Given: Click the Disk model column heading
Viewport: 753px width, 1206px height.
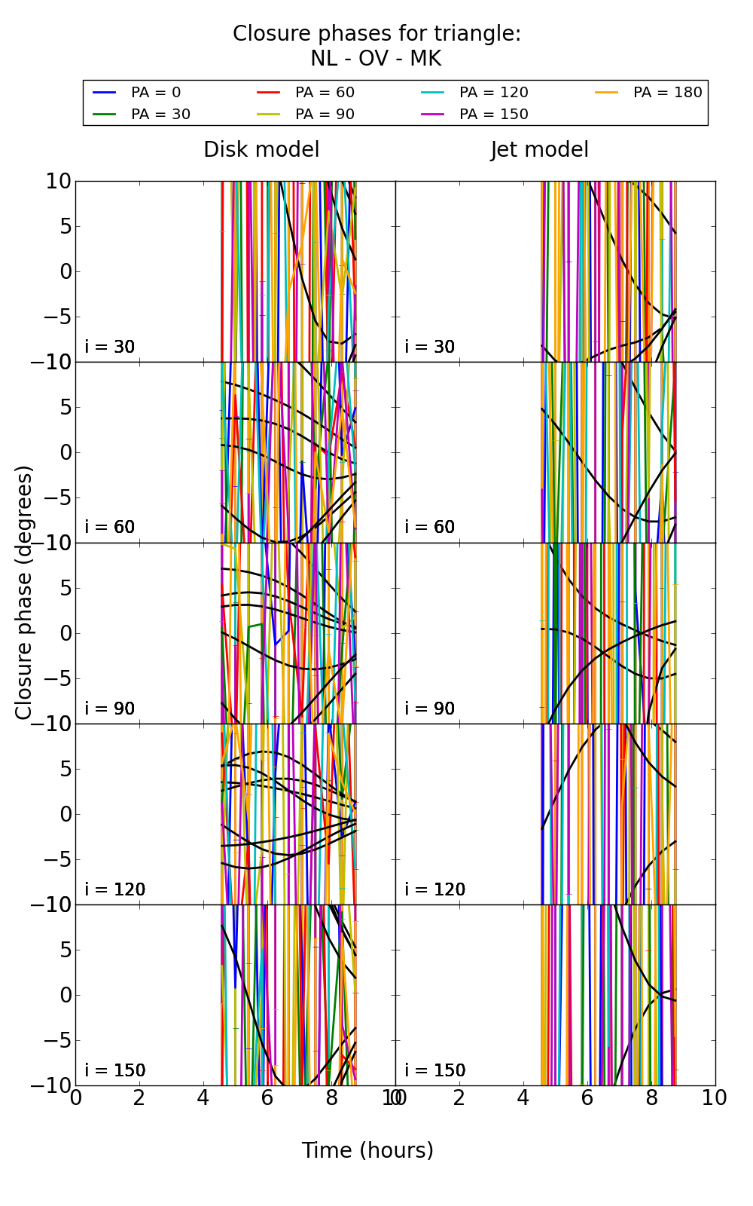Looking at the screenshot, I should (261, 150).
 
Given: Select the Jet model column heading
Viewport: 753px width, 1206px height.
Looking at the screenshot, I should (539, 150).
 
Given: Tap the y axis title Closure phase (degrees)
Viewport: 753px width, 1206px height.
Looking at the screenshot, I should (24, 592).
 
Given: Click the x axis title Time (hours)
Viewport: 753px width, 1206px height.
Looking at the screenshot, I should (367, 1150).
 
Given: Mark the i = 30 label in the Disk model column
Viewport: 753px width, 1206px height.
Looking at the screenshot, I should (110, 347).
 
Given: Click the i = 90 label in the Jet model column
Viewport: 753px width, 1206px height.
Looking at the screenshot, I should (430, 709).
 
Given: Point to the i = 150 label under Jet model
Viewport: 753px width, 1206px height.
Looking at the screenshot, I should (434, 1070).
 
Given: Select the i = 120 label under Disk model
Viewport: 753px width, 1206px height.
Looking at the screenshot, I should (114, 889).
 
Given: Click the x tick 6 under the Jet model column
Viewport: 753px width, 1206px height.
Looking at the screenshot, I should (587, 1098).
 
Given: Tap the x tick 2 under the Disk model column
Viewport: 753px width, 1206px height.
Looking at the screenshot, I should (139, 1098).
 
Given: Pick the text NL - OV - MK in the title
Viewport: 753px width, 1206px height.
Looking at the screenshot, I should (376, 59).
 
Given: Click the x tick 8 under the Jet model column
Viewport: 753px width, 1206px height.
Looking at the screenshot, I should (651, 1098).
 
